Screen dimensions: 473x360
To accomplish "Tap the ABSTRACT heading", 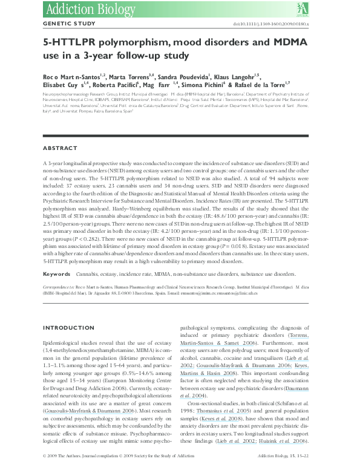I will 60,148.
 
